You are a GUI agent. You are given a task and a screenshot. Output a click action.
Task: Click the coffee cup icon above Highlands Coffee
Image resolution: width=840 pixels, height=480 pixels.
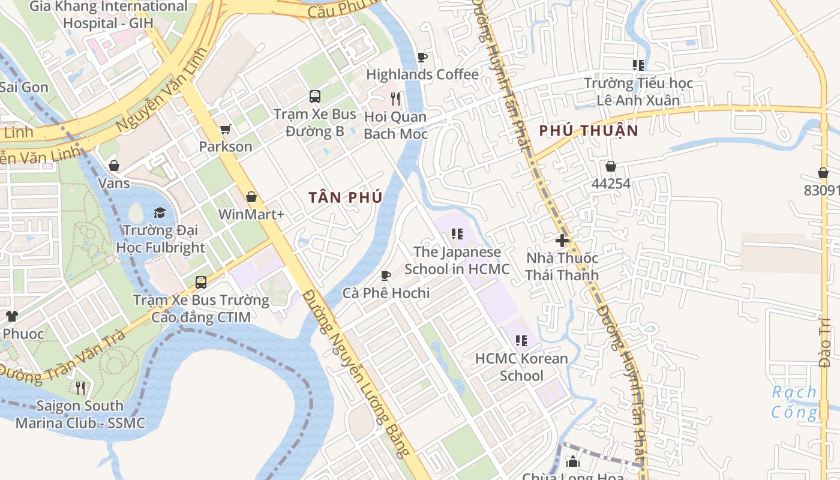tap(422, 57)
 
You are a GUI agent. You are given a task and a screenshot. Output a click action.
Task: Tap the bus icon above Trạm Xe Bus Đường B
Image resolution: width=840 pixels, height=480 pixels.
tap(314, 96)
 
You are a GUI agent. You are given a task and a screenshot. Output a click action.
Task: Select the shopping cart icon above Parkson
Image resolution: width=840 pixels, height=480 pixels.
tap(226, 129)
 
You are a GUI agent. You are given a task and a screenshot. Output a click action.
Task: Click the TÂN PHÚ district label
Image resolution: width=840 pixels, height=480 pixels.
tap(346, 197)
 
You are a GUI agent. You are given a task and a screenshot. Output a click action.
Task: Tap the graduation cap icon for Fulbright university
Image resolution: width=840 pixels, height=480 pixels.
tap(160, 212)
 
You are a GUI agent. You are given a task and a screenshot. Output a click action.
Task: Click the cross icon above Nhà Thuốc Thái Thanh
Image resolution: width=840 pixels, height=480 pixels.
tap(562, 241)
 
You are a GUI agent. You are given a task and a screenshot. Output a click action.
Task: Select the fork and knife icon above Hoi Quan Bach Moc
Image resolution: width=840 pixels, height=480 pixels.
tap(395, 98)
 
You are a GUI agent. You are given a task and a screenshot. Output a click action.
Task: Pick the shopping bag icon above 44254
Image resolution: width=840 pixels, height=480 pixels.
tap(611, 166)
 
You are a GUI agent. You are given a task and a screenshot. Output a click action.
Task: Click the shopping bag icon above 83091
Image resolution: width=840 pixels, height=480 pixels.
tap(823, 173)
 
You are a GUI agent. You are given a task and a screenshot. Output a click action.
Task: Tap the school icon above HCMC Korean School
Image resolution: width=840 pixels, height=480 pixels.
tap(521, 341)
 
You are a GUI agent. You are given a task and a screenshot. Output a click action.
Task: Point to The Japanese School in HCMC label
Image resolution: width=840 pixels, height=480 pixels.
tap(457, 260)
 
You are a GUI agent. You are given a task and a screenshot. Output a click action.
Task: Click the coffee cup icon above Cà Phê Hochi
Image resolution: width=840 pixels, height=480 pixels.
tap(386, 275)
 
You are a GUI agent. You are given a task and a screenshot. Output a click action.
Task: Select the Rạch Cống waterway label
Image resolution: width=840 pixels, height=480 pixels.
tap(794, 402)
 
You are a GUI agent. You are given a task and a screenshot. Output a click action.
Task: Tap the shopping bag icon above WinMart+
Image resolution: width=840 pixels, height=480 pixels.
tap(251, 197)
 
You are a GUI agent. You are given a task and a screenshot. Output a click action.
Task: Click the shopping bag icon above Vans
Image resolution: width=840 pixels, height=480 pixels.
tap(113, 165)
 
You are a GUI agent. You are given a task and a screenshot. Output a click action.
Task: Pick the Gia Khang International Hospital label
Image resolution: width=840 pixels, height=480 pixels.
tap(109, 15)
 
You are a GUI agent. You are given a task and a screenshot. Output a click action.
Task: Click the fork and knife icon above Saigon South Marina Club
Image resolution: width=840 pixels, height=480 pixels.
tap(80, 388)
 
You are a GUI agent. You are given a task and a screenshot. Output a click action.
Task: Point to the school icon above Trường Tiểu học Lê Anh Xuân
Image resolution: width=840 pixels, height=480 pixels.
tap(638, 65)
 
